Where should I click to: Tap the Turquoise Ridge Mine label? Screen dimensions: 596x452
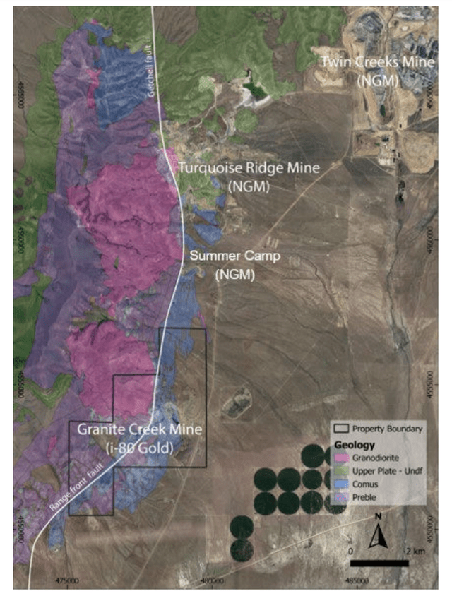click(x=248, y=168)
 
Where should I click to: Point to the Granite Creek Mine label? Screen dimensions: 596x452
click(x=139, y=429)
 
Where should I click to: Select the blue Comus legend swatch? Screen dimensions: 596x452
click(x=341, y=484)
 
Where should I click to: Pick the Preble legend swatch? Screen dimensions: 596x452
click(x=341, y=497)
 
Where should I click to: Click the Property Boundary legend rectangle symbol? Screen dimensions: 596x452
click(x=341, y=429)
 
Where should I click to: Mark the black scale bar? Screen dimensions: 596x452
click(x=379, y=564)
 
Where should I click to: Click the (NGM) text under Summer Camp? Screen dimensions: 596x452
click(x=227, y=274)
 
